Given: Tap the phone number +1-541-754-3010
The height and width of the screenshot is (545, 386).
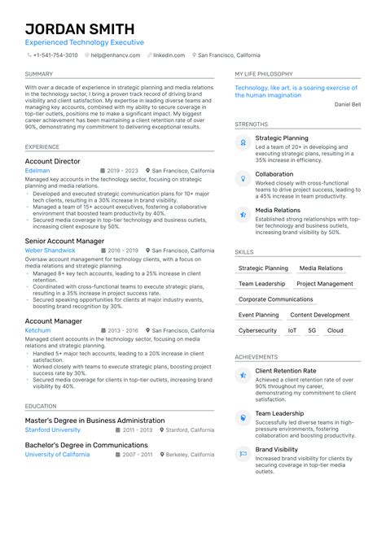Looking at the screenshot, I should [55, 55].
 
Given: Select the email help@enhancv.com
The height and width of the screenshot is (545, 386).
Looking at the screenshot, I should [115, 55].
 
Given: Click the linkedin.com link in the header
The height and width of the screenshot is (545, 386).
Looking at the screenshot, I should [169, 55].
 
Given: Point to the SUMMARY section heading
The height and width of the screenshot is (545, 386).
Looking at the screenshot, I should [39, 74].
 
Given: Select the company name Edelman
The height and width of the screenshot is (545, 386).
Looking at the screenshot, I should [37, 172].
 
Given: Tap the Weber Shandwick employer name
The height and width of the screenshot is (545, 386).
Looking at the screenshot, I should [50, 251].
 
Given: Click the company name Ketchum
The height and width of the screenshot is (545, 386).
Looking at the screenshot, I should [37, 331].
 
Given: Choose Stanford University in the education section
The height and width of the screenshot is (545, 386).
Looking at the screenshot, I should [53, 429].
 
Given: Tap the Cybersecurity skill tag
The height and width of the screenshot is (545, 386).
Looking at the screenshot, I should [257, 331].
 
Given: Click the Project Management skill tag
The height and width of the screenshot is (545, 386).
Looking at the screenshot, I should [324, 284].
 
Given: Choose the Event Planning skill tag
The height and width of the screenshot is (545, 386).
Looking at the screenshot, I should [258, 315].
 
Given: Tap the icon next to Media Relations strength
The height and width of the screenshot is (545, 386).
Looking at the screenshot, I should [243, 215].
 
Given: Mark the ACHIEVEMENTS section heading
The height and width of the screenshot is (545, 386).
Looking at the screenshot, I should [257, 357].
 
